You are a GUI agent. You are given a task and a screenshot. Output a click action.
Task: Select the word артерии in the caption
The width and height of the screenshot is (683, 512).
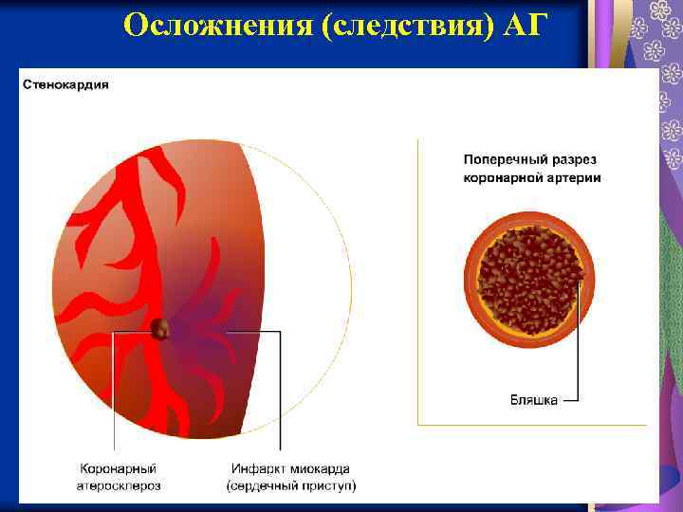(573, 177)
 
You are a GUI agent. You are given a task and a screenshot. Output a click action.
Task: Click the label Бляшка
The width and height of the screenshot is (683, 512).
(534, 400)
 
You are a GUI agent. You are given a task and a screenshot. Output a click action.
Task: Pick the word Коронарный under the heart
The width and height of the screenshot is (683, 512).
(118, 468)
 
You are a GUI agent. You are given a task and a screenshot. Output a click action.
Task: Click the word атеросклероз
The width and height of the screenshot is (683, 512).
(119, 485)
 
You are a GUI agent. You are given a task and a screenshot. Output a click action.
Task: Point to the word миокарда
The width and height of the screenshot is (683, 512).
(320, 468)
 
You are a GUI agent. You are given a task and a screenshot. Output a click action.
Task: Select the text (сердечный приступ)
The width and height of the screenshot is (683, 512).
(290, 485)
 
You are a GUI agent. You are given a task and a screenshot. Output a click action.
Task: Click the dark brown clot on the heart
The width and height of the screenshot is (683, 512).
(161, 329)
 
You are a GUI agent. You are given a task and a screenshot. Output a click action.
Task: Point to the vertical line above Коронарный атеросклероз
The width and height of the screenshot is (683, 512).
(114, 398)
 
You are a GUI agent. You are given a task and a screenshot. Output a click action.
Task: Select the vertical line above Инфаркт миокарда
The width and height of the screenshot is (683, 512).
(281, 398)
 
